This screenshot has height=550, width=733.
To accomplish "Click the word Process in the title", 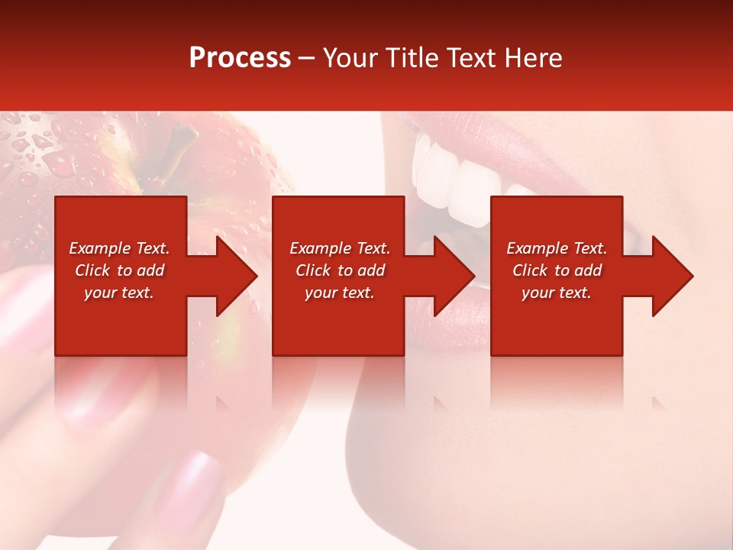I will (240, 58).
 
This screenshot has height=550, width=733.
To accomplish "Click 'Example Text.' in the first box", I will (119, 248).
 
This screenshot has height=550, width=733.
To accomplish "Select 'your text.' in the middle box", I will (339, 293).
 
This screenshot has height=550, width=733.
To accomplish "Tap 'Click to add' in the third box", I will (557, 270).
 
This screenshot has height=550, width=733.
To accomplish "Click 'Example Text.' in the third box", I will (557, 248).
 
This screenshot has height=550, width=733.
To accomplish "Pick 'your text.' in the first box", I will (119, 293).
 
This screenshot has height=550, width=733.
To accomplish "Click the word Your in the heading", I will (349, 58).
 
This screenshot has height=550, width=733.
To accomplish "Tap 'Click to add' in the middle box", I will (339, 270).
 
